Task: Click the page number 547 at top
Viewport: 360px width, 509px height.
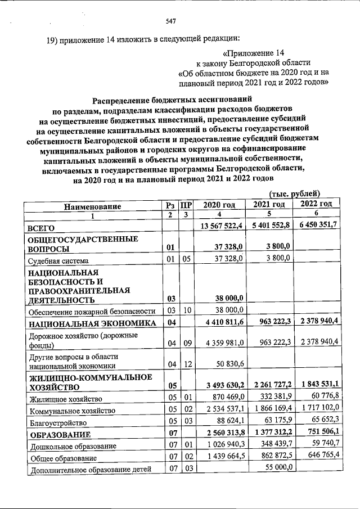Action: point(172,21)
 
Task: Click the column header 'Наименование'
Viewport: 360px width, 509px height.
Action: point(92,206)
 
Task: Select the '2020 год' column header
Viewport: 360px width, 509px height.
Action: point(219,205)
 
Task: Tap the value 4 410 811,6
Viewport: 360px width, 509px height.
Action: point(220,322)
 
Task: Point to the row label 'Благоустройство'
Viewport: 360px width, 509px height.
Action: point(58,423)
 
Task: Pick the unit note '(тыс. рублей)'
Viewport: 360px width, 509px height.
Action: point(295,193)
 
